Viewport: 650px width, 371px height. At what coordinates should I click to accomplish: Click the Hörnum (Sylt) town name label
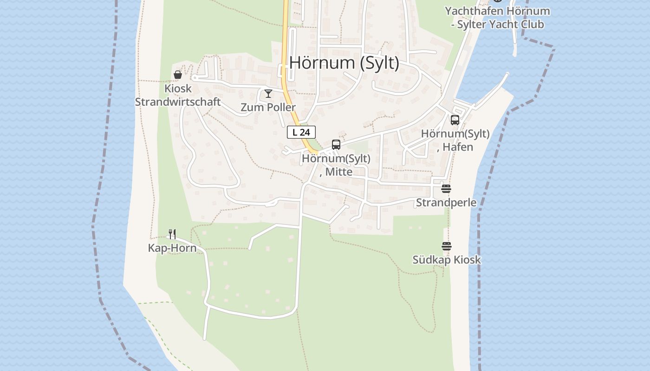click(344, 63)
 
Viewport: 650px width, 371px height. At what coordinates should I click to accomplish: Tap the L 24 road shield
click(301, 132)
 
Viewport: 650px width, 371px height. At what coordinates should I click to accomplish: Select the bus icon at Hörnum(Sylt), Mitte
click(336, 145)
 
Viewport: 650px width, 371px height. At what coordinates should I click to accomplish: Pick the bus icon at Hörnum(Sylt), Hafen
click(455, 120)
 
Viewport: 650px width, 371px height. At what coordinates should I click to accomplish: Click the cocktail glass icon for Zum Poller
click(268, 94)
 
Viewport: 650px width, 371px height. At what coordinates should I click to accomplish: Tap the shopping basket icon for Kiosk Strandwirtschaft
click(177, 74)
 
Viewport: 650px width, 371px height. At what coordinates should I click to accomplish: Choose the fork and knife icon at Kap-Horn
click(172, 234)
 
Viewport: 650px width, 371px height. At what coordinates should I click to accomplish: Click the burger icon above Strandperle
click(446, 189)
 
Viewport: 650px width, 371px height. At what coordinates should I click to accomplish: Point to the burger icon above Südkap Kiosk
click(447, 246)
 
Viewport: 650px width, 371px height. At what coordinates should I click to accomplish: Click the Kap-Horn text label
click(172, 248)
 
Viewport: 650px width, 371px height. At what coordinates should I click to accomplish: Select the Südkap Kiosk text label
click(447, 260)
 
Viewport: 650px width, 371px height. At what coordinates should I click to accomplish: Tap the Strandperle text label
click(446, 203)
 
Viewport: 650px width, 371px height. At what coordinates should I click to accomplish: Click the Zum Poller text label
click(268, 108)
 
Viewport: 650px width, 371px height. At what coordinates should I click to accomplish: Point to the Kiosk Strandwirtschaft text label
click(178, 95)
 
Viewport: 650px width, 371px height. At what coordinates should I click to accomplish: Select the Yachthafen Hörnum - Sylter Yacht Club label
click(497, 18)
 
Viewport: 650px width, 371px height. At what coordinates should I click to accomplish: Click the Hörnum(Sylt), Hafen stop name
click(455, 140)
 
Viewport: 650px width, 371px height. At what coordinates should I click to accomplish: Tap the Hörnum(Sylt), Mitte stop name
click(336, 165)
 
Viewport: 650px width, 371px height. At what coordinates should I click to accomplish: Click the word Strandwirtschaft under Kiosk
click(178, 102)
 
